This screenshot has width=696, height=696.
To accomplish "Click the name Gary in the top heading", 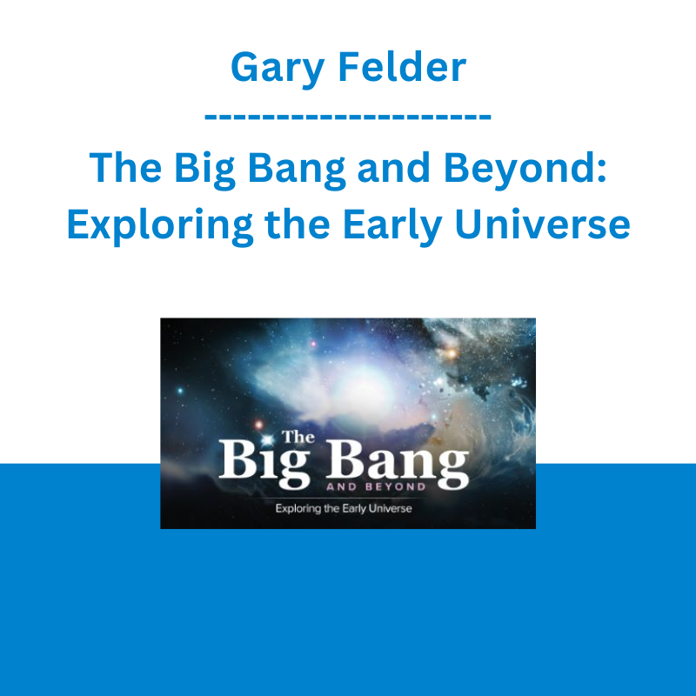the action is coord(278,69).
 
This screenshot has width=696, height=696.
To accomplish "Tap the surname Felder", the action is coord(402,67).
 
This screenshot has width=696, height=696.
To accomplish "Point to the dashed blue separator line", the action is coord(347,117).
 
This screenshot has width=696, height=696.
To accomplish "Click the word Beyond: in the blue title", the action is coord(525,168).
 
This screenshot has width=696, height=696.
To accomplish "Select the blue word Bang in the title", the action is coord(296,168).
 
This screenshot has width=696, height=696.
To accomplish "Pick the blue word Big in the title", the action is coord(204,168).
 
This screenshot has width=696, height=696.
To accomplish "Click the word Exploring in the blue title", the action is coord(160,224).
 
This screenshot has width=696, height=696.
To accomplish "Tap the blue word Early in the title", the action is coord(392,224).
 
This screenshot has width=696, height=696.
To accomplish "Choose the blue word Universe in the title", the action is coord(542,224).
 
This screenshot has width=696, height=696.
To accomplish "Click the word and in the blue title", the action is coord(393,167).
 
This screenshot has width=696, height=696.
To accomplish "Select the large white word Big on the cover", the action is coord(264,463).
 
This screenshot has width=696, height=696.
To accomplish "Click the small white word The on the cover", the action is coord(298,437).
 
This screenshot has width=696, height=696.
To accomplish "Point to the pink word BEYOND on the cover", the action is coord(395,486).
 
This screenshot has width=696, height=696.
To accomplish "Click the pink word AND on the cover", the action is coord(341,486).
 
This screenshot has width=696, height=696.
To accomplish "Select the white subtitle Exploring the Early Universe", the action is coord(344,508).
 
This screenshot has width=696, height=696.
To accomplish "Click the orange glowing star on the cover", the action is coord(452,354).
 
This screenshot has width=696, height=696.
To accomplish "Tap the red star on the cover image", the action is coord(259,425).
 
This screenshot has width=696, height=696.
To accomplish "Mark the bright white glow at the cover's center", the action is coord(364,384).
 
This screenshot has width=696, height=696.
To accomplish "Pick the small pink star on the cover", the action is coord(313,344).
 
